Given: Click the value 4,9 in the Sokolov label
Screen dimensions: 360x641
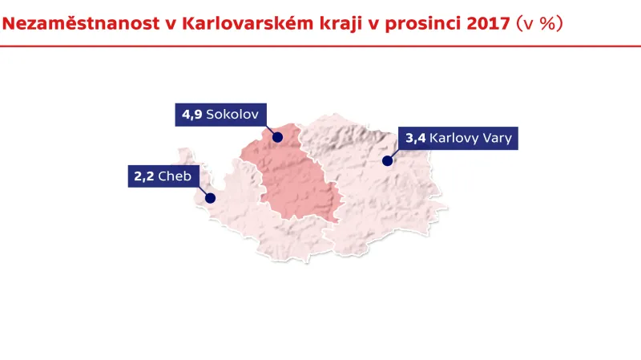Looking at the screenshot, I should [191, 115].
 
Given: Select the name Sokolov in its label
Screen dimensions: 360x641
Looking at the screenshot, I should [232, 115].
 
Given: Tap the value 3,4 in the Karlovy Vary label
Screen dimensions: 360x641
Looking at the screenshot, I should [415, 138].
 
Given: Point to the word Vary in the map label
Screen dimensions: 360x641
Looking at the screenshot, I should [498, 138].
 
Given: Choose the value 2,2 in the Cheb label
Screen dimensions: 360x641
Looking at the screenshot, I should [144, 176].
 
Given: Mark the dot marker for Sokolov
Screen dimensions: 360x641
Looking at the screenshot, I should [277, 137].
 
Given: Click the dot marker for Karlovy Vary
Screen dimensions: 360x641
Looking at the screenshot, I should [387, 160].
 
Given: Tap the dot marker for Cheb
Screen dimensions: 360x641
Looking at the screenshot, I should [211, 198].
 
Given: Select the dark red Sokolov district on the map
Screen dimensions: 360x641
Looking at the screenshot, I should [296, 180].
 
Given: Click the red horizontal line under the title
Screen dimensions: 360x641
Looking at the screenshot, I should [320, 47].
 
